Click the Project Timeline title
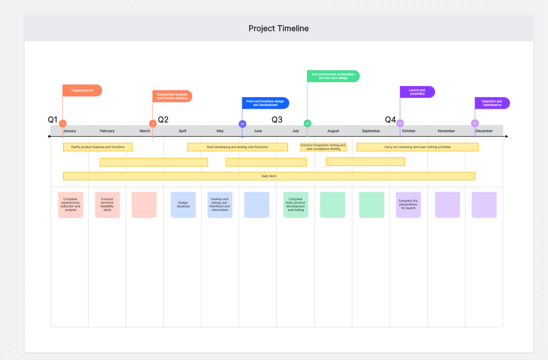point(278,29)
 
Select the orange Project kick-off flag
point(82,91)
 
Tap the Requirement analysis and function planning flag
point(172,96)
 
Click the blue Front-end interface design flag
point(265,103)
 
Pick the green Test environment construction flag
point(333,76)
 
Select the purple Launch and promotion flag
point(417,92)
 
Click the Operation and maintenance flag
point(492,103)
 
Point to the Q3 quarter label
point(277,120)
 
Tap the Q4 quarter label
point(390,120)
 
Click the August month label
point(333,131)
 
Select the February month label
point(107,131)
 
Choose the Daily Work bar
point(269,176)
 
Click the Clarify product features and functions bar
point(98,147)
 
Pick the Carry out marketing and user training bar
point(417,147)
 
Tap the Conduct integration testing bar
point(323,147)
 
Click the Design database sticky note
point(183,205)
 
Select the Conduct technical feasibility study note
point(107,205)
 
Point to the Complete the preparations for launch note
point(408,205)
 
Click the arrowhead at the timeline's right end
point(507,137)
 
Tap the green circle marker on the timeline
point(307,123)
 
